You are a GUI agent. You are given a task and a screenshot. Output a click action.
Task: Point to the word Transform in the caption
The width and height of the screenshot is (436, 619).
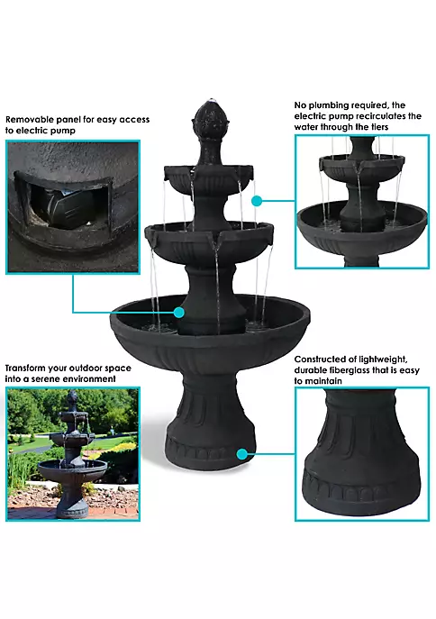click(x=25, y=369)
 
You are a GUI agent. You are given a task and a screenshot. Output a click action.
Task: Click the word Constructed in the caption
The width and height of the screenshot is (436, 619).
click(x=319, y=360)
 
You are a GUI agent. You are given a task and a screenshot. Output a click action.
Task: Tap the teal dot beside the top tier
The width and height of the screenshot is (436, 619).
click(x=257, y=201)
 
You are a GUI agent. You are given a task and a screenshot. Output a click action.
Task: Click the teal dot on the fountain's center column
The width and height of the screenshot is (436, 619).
click(x=178, y=313)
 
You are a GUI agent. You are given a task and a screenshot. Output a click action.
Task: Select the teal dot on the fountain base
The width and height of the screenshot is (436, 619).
click(x=242, y=454)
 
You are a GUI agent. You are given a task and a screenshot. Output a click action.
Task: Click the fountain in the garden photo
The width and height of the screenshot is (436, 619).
click(x=72, y=454)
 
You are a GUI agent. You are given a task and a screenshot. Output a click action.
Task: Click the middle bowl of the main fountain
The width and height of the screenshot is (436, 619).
click(x=209, y=241)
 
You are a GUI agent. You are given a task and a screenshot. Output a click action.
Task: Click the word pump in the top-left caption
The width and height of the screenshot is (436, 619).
click(x=63, y=131)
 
